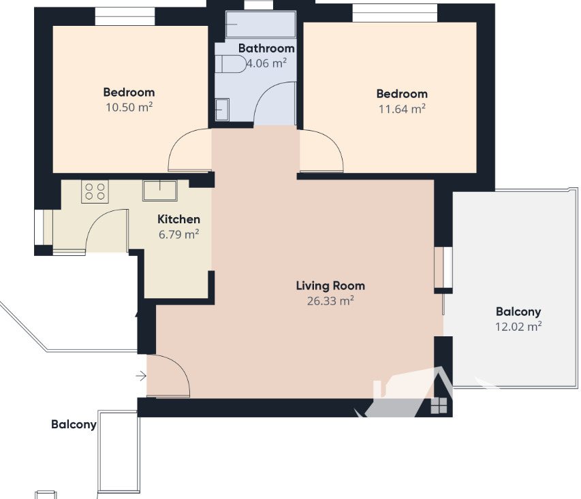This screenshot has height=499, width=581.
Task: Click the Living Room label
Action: tap(330, 286)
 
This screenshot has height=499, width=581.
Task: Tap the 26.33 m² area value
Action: tap(330, 301)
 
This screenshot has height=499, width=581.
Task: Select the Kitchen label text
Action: tap(178, 219)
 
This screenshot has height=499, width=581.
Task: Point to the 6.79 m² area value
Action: tap(178, 234)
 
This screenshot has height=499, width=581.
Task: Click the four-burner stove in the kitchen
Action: tap(95, 191)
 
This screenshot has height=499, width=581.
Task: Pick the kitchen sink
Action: tap(159, 191)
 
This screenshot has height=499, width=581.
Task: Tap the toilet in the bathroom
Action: tap(231, 64)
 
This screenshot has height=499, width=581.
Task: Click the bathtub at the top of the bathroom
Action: tap(261, 25)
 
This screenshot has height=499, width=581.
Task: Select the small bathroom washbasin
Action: tap(222, 110)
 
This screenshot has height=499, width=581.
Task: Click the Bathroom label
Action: tap(266, 48)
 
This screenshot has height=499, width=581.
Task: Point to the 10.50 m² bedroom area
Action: tap(129, 108)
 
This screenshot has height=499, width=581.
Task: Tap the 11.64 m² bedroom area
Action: tap(402, 109)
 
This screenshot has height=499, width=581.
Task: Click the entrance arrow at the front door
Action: tap(141, 376)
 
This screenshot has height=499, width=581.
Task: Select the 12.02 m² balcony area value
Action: tap(518, 326)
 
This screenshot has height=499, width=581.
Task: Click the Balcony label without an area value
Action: tap(74, 424)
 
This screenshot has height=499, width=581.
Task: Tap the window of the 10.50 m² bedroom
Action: tap(125, 16)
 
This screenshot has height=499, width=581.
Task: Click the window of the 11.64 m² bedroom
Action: tap(394, 13)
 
